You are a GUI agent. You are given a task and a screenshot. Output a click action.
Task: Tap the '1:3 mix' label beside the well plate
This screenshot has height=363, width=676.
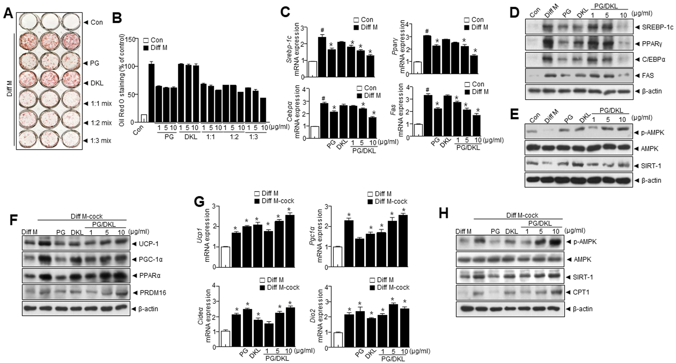click(101, 141)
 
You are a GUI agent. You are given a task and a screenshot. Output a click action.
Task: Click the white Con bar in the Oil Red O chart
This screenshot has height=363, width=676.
click(144, 118)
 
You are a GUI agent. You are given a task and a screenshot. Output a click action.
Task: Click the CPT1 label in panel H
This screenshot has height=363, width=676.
click(581, 292)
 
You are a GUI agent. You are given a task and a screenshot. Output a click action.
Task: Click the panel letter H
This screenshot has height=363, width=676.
click(444, 214)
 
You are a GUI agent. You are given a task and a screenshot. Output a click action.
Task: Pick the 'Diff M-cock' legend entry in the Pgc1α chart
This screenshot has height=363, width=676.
click(391, 202)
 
